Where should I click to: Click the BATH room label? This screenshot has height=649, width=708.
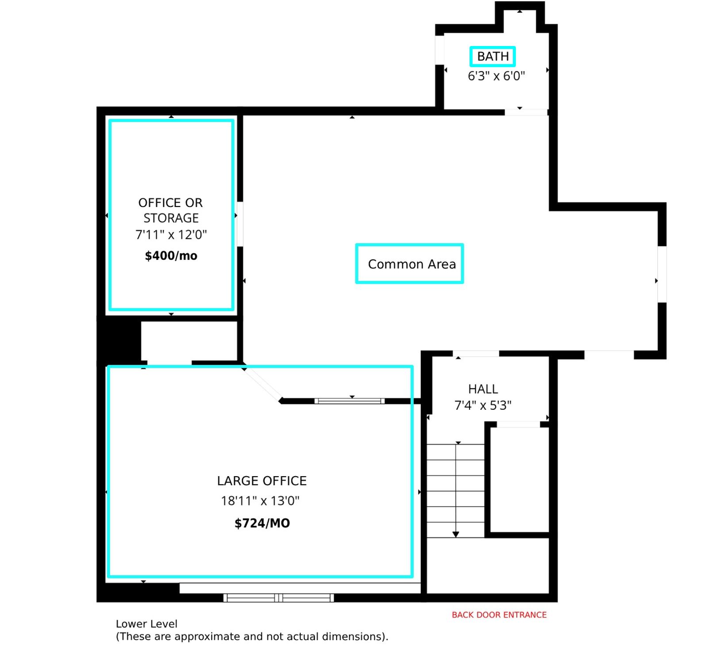[x=493, y=57]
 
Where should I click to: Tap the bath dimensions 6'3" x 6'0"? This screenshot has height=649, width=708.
[x=496, y=76]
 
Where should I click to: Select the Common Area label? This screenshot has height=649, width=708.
[x=412, y=264]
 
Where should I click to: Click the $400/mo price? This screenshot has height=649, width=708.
[x=171, y=256]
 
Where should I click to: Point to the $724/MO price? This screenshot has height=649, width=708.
[x=262, y=523]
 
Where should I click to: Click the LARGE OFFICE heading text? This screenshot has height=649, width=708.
[x=262, y=481]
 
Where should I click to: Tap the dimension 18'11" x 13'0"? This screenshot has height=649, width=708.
[x=260, y=501]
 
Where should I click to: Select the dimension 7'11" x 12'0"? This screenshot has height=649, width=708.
[x=171, y=235]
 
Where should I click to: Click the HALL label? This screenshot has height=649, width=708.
[x=483, y=389]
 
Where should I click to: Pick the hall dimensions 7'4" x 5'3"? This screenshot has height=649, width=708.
[x=483, y=405]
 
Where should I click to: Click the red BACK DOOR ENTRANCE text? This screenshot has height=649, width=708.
[x=499, y=615]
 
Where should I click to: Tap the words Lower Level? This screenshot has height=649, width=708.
[x=146, y=624]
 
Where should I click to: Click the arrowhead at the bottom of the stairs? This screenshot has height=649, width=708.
[x=456, y=534]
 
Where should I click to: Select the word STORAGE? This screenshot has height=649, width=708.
[x=171, y=218]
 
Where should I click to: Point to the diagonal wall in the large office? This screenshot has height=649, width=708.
[x=262, y=385]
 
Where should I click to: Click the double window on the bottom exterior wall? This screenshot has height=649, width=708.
[x=279, y=598]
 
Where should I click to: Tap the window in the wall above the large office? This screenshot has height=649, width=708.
[x=350, y=401]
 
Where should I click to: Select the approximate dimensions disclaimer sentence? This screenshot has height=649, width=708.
[x=252, y=637]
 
